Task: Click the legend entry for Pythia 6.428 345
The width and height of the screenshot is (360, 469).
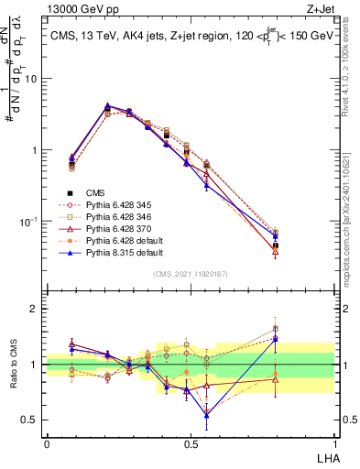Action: point(114,206)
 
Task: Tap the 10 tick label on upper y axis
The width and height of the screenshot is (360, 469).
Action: point(30,79)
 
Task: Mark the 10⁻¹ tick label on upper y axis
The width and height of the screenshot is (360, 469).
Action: point(28,221)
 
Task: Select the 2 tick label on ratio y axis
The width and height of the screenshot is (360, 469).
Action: point(33,309)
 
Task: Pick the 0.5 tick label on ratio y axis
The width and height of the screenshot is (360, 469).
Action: point(28,420)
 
